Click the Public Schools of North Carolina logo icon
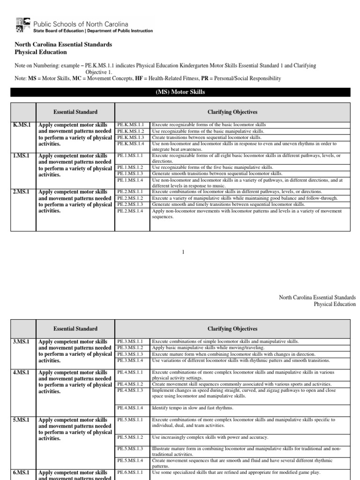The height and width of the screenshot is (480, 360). pyautogui.click(x=23, y=25)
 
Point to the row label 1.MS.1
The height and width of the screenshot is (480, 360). pyautogui.click(x=21, y=155)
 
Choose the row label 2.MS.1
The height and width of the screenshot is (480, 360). pyautogui.click(x=21, y=192)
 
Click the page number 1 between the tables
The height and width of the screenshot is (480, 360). pyautogui.click(x=183, y=253)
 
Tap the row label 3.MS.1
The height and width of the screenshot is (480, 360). pyautogui.click(x=21, y=341)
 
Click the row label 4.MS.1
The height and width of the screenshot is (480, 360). pyautogui.click(x=21, y=372)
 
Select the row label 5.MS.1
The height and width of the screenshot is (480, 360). pyautogui.click(x=21, y=420)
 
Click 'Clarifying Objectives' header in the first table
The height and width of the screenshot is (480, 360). pyautogui.click(x=232, y=112)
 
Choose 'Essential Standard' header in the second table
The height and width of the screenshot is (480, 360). pyautogui.click(x=75, y=329)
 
